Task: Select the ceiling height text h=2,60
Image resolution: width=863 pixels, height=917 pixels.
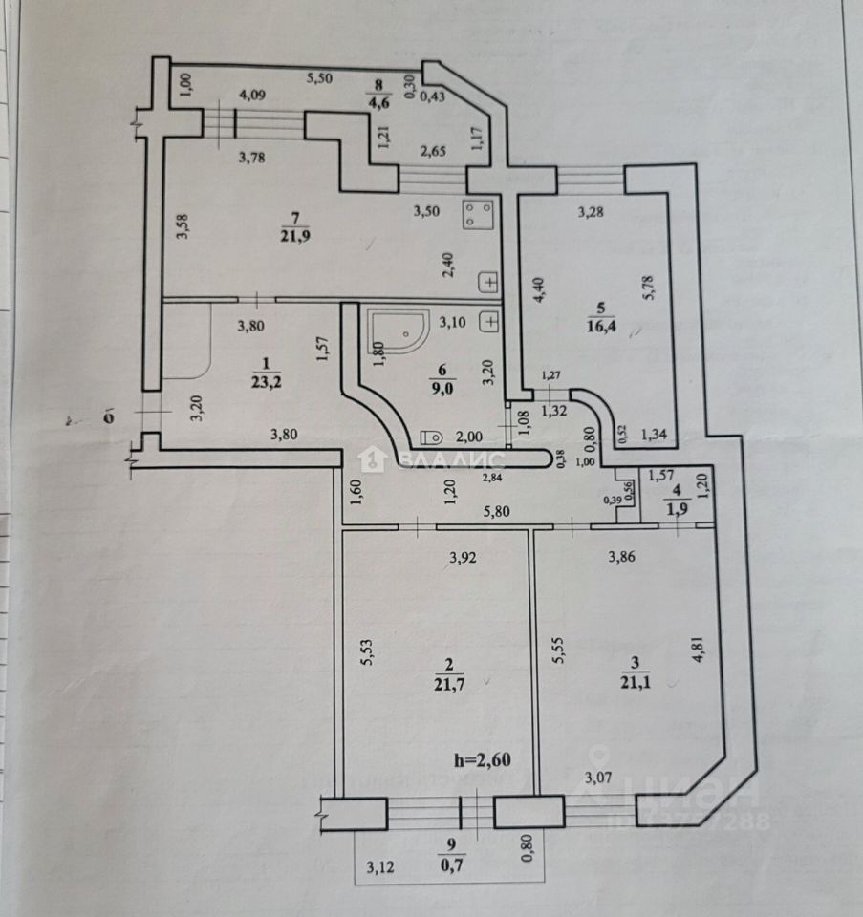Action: click(x=484, y=760)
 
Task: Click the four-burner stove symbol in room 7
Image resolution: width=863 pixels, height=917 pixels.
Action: click(x=478, y=214)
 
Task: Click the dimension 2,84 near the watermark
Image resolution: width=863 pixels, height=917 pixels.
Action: click(x=495, y=477)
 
